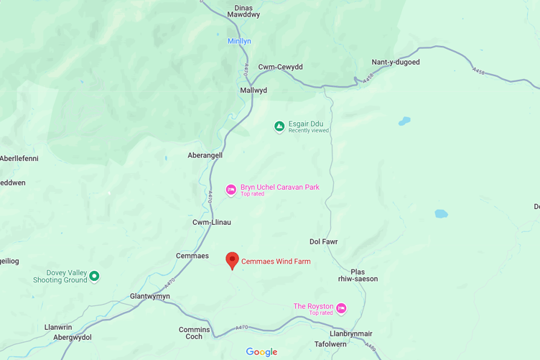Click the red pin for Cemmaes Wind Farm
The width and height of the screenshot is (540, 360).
(x=232, y=260)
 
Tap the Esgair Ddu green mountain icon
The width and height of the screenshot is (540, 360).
(x=279, y=127)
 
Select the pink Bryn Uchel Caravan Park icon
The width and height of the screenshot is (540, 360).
(x=231, y=190)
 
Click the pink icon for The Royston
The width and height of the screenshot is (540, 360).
(x=342, y=309)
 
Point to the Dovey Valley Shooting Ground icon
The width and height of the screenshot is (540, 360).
(x=94, y=277)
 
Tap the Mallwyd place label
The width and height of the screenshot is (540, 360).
(x=253, y=91)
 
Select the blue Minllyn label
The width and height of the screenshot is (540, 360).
(x=239, y=42)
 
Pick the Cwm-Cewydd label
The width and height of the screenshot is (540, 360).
(x=281, y=67)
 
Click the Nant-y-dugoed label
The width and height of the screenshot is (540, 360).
(x=396, y=63)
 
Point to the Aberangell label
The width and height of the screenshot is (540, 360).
(x=205, y=155)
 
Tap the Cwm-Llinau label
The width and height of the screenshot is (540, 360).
(x=212, y=223)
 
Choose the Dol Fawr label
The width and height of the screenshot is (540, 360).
(x=323, y=242)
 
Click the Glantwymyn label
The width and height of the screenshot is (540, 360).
(x=150, y=296)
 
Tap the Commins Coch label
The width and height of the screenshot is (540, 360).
(x=195, y=333)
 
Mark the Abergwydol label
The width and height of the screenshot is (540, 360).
(x=73, y=338)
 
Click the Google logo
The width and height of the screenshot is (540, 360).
(x=261, y=352)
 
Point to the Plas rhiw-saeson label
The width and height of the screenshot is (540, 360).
(x=358, y=275)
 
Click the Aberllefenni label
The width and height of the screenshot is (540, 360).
(x=19, y=159)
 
